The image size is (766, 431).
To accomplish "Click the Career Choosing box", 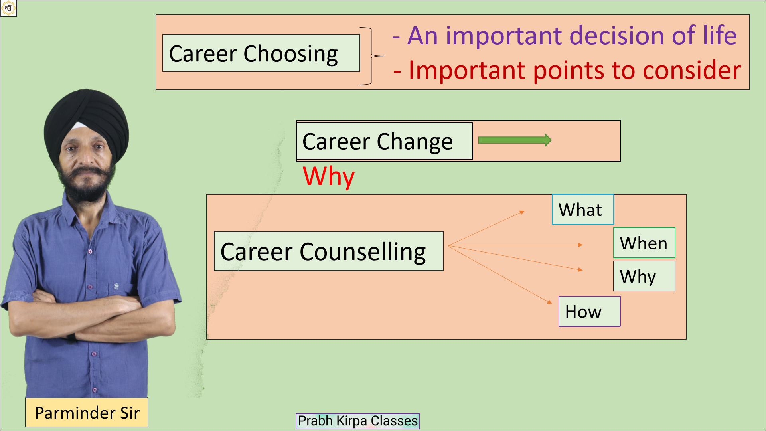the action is (261, 53).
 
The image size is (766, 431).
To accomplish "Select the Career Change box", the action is (384, 141).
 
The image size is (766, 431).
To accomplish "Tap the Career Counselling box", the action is (329, 251).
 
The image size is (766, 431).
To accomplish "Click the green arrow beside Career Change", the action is (515, 140).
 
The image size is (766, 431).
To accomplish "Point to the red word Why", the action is (328, 176).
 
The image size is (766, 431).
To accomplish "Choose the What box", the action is (582, 210).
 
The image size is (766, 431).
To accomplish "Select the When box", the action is (644, 243).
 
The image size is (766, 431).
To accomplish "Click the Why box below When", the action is (644, 276).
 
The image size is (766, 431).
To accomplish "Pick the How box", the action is (589, 311).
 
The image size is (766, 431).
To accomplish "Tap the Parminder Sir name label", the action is (87, 413).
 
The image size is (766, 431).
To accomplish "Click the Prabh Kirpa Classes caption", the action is (357, 421).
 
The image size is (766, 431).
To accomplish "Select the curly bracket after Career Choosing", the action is (372, 56).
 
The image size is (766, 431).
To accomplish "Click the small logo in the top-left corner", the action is (8, 8).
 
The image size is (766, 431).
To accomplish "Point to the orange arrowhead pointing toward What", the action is (522, 212).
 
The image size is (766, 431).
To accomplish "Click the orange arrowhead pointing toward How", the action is (549, 302).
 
